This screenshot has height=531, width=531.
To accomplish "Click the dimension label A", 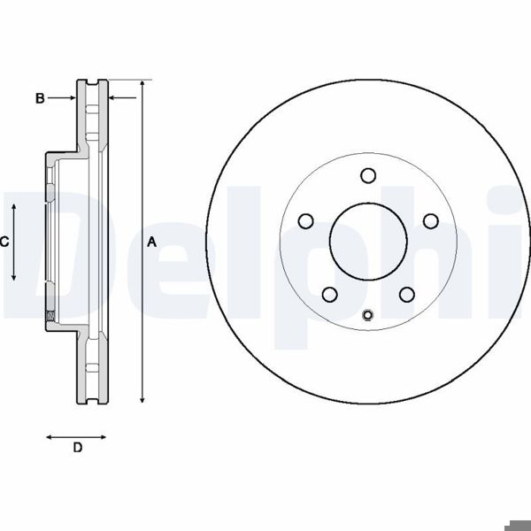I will [x=151, y=242].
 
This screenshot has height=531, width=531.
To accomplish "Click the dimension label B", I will [x=40, y=98].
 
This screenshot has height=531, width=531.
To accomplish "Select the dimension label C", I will [x=4, y=241].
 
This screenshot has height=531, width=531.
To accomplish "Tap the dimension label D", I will [x=77, y=449].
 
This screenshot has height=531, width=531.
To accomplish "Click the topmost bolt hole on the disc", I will [x=369, y=175].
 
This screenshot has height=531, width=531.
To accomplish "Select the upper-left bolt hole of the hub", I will [x=306, y=220].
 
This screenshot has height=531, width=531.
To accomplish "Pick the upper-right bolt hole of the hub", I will [x=431, y=220].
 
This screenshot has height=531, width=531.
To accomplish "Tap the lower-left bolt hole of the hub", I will [x=330, y=294].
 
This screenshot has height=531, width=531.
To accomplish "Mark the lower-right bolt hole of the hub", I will [x=407, y=294].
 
